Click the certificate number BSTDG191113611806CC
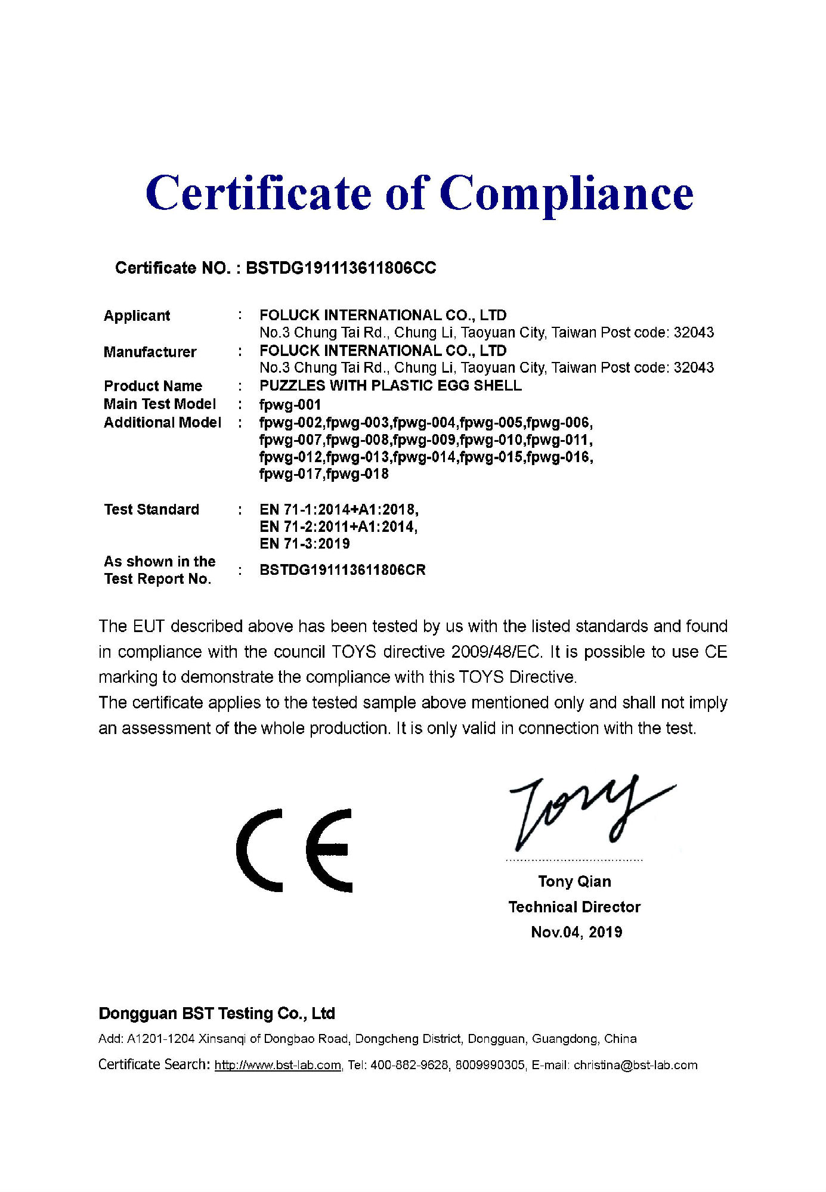(x=341, y=268)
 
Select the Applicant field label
(x=137, y=315)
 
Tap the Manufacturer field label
(x=150, y=352)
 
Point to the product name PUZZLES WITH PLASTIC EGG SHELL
(x=390, y=386)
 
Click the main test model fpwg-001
(x=290, y=405)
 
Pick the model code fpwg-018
(x=357, y=475)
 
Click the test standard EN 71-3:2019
(x=304, y=544)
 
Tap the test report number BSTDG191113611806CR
(x=342, y=570)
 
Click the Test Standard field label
(x=151, y=510)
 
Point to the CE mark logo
(x=294, y=850)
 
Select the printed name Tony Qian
(x=574, y=881)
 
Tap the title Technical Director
(x=574, y=907)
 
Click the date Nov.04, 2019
(x=576, y=932)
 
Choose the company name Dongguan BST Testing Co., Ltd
(x=216, y=1013)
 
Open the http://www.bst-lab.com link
(x=277, y=1066)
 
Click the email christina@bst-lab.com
(x=635, y=1066)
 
